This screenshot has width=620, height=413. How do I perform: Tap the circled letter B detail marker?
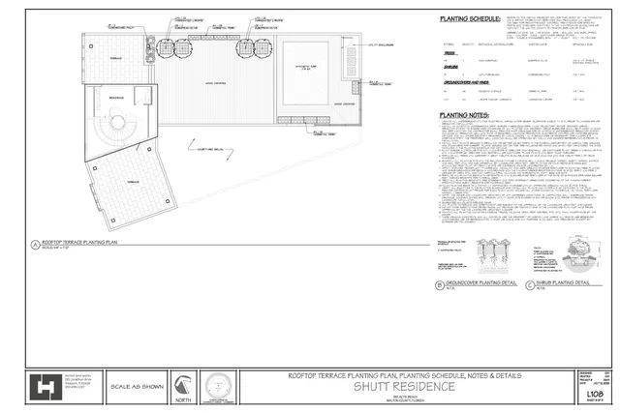point(438,284)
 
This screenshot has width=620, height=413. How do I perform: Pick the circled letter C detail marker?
point(530,284)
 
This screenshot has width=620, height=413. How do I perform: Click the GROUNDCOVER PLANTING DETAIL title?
point(479,283)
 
